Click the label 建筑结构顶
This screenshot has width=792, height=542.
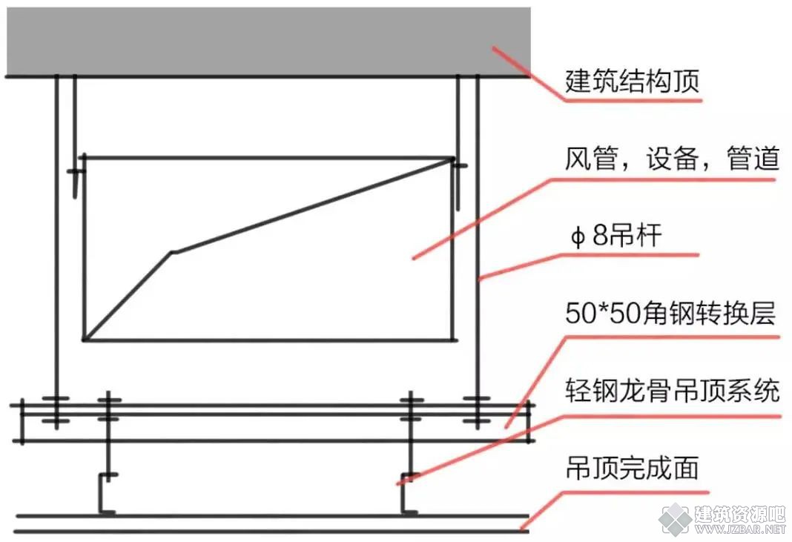[x=632, y=81]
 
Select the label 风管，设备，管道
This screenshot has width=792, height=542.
[x=672, y=159]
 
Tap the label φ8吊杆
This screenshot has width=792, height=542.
[x=616, y=235]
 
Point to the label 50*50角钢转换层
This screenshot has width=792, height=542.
[x=670, y=313]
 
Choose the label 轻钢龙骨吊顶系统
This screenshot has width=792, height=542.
[x=673, y=391]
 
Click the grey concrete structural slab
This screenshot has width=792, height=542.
[x=268, y=42]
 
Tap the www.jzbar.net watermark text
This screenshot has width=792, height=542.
[x=741, y=529]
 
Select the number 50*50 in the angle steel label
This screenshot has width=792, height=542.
[x=603, y=313]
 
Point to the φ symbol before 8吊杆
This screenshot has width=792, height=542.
[x=578, y=237]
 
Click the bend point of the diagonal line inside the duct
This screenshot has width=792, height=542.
[x=172, y=252]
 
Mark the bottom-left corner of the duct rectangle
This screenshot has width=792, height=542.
[x=84, y=340]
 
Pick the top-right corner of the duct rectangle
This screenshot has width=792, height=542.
[x=452, y=159]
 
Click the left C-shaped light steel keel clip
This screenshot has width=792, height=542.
[x=105, y=493]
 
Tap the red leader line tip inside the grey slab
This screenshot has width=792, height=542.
[x=493, y=47]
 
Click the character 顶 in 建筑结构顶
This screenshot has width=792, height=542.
[x=687, y=81]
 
